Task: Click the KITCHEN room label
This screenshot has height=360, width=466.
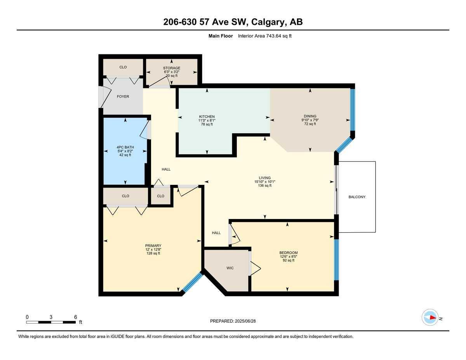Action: [207, 117]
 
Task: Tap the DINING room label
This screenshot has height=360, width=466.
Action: [310, 116]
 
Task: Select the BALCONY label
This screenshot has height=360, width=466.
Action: [356, 197]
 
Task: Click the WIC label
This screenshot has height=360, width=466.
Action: [230, 268]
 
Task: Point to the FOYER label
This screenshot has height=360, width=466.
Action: [123, 97]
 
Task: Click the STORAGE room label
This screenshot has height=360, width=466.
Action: [172, 68]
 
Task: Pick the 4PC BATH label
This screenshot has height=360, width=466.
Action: [125, 147]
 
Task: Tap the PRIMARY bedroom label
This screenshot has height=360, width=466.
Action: [153, 246]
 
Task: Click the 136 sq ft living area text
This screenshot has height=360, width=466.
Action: [265, 186]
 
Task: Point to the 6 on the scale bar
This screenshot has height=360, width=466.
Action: [75, 317]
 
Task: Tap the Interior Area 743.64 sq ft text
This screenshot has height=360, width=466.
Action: [264, 36]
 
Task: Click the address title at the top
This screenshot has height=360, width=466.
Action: [233, 22]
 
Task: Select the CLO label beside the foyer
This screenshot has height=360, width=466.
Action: [123, 67]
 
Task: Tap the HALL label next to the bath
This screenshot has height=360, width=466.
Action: [166, 169]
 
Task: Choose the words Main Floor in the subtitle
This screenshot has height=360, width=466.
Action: [221, 36]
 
